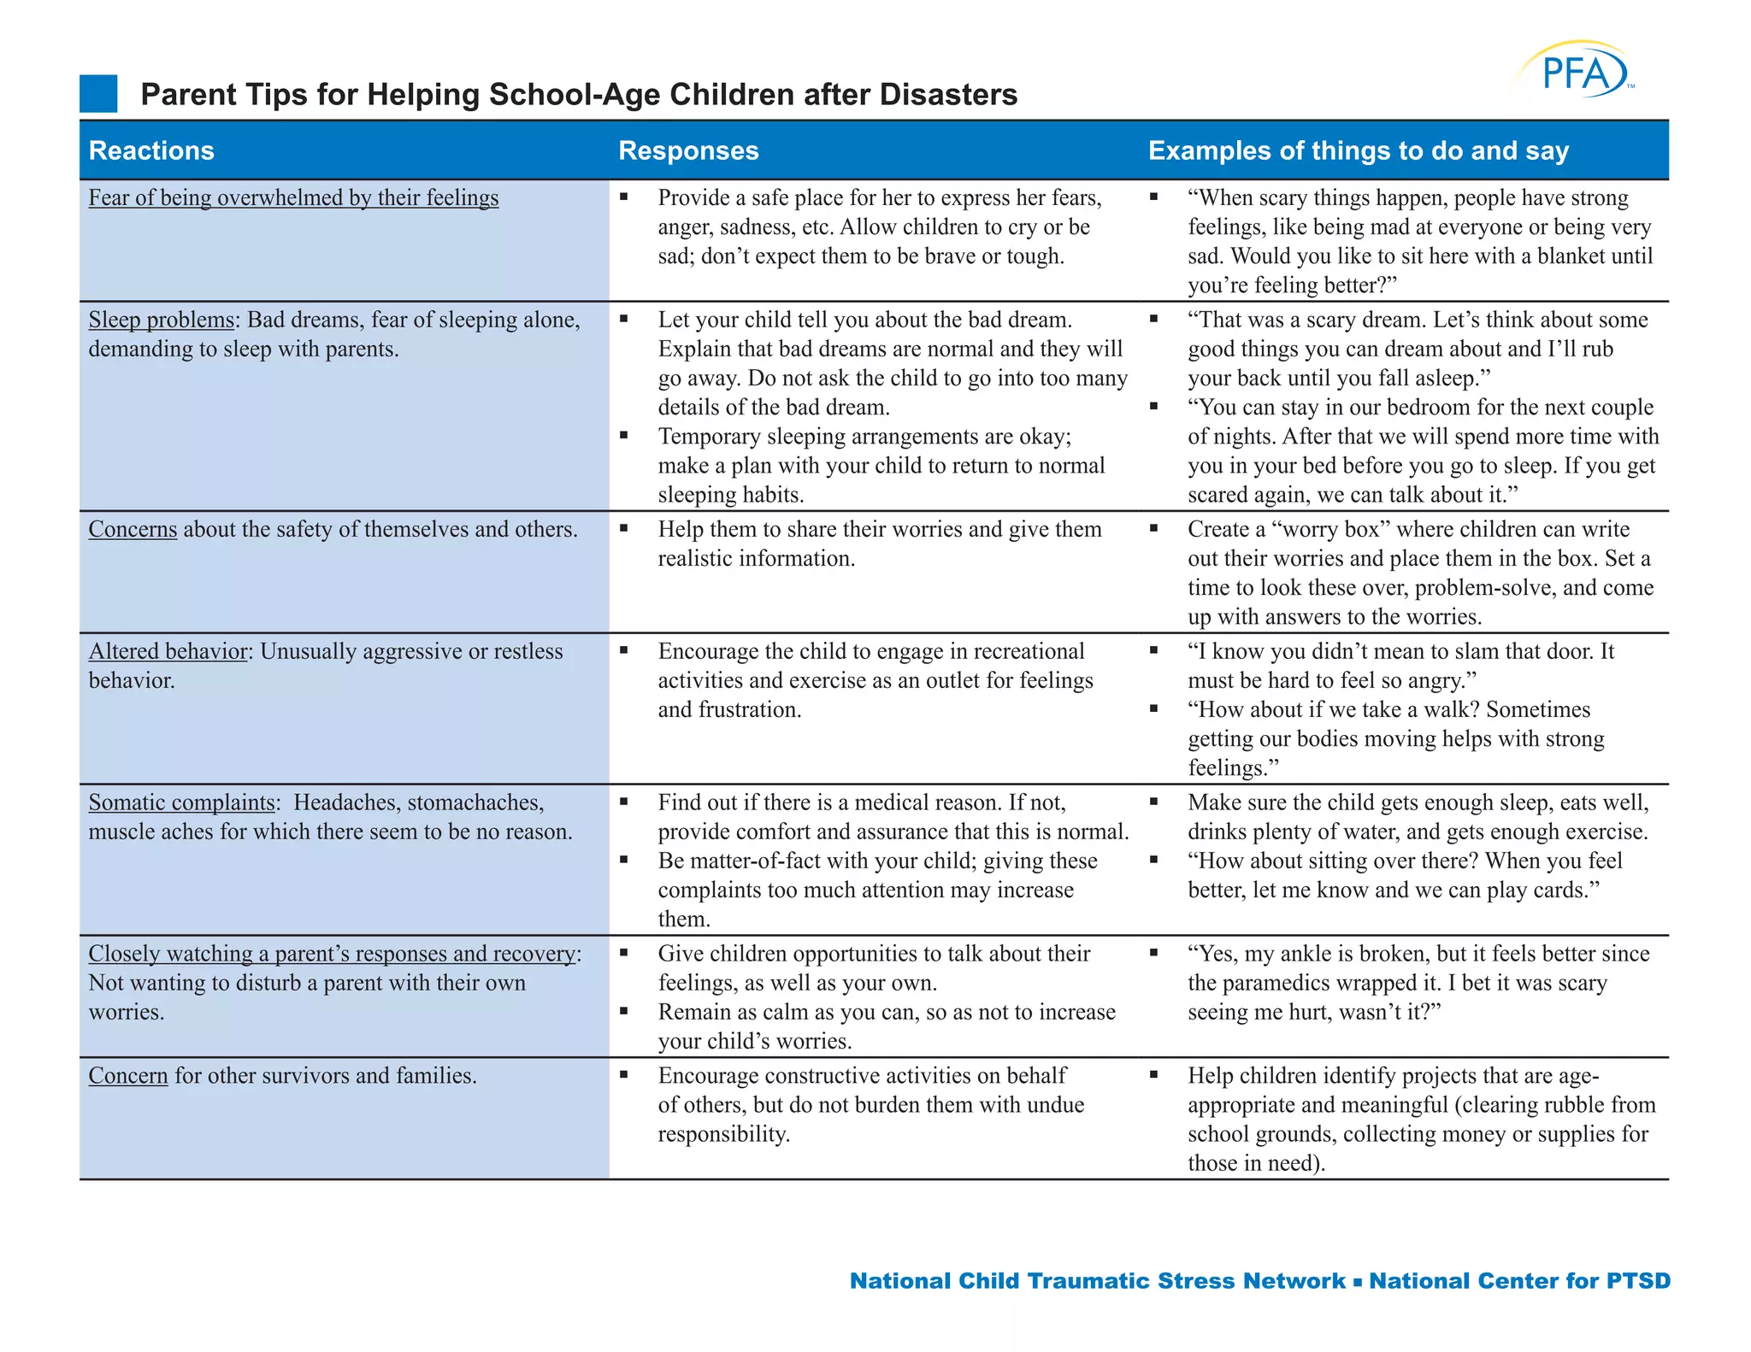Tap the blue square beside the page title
point(98,94)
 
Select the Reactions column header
point(151,150)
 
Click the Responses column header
point(688,150)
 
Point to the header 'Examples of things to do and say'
point(1358,150)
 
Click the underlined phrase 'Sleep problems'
point(162,320)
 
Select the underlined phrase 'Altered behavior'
point(168,652)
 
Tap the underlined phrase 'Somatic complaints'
point(181,803)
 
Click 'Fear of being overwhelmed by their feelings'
point(293,198)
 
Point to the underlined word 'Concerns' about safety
point(133,530)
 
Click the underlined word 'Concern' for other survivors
point(128,1076)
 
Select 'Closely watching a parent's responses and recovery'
point(333,954)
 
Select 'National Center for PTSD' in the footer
point(1519,1281)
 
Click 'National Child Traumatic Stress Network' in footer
point(1098,1281)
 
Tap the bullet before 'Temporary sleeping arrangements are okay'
point(624,436)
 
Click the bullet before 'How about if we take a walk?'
point(1153,708)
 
